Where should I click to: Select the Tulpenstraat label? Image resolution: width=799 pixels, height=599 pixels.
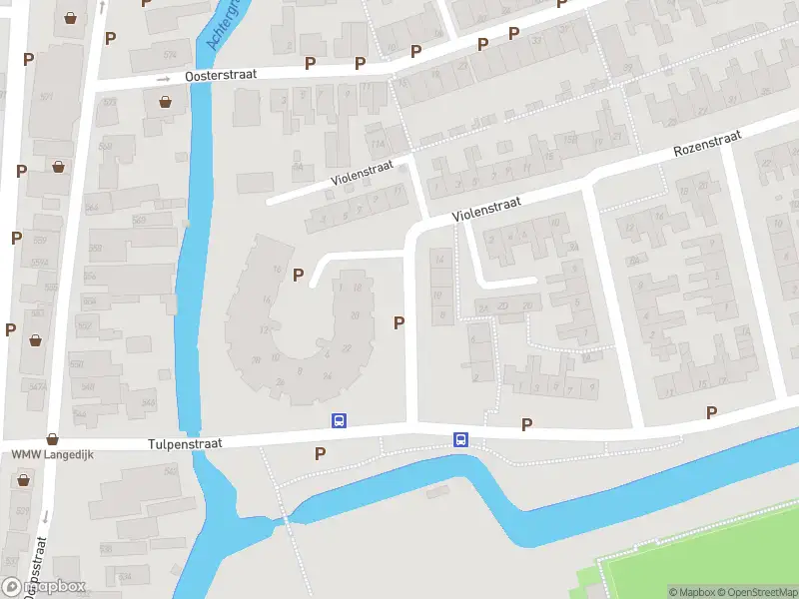pyautogui.click(x=185, y=442)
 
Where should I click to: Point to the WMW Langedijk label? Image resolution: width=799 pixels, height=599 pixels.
pyautogui.click(x=45, y=455)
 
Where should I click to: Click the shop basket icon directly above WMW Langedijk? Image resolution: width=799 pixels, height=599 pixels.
pyautogui.click(x=52, y=438)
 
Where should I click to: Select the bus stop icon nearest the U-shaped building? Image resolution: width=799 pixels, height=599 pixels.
pyautogui.click(x=339, y=421)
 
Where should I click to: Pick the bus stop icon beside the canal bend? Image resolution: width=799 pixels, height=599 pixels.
pyautogui.click(x=460, y=439)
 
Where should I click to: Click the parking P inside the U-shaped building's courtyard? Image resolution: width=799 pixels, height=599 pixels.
pyautogui.click(x=298, y=275)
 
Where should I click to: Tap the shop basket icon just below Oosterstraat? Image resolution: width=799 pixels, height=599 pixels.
pyautogui.click(x=165, y=101)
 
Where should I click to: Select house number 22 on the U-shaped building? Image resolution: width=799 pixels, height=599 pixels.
pyautogui.click(x=346, y=347)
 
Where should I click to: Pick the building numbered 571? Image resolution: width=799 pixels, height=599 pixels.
pyautogui.click(x=47, y=97)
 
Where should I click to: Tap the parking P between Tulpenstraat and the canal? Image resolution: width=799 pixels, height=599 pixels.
pyautogui.click(x=320, y=453)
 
